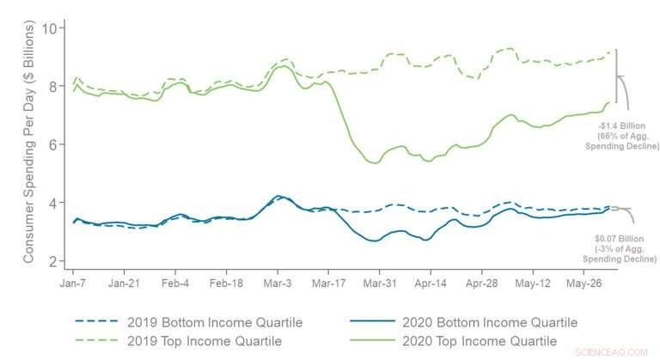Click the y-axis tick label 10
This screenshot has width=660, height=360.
(x=49, y=28)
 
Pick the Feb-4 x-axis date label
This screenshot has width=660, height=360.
(x=175, y=281)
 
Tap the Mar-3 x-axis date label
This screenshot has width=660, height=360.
(x=277, y=281)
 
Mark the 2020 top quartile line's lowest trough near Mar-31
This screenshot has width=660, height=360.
(x=374, y=162)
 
